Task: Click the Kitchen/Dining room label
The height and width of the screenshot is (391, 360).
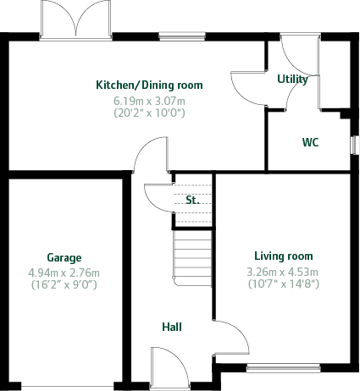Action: (149, 85)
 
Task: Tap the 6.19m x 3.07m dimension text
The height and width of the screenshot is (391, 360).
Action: (149, 100)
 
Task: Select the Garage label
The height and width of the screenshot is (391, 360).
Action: (64, 257)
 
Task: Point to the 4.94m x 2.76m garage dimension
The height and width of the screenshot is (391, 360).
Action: (64, 273)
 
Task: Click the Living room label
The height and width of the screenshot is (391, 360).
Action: (283, 256)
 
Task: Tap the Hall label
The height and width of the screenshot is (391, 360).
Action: (172, 327)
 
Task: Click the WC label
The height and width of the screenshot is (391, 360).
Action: (310, 142)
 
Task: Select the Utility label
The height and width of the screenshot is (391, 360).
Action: (293, 79)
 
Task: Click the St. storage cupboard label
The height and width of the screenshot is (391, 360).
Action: (191, 201)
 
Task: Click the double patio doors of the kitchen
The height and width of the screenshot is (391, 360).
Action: (77, 19)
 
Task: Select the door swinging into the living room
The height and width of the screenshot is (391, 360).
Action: (230, 337)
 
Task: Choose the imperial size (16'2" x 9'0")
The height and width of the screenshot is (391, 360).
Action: (64, 285)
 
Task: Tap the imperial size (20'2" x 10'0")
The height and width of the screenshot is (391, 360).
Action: (149, 112)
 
